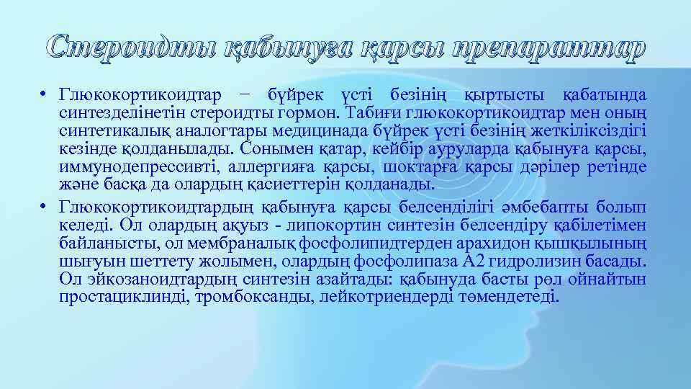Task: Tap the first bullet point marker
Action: point(44,95)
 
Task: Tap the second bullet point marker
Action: point(44,207)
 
